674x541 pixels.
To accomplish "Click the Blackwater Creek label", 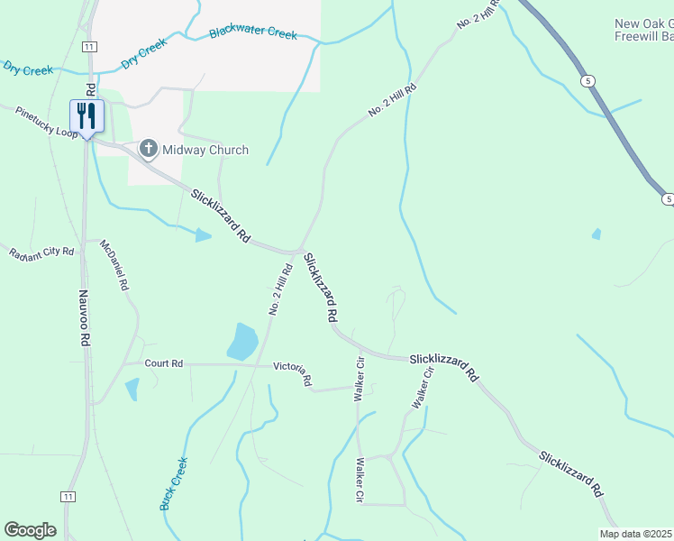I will [x=252, y=33].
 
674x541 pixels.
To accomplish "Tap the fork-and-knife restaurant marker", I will [x=87, y=115].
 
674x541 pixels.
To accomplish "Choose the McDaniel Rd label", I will [x=114, y=264].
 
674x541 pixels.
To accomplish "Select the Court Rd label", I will [x=163, y=363].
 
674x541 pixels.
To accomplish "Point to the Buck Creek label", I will [x=174, y=484].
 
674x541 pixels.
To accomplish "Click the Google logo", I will [x=30, y=530].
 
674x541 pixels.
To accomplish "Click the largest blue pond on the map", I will [x=243, y=341].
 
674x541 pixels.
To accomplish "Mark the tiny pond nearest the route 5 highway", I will [x=597, y=234].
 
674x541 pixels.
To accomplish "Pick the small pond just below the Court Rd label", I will [x=132, y=390].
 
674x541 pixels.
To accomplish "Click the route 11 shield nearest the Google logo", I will [x=68, y=497].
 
